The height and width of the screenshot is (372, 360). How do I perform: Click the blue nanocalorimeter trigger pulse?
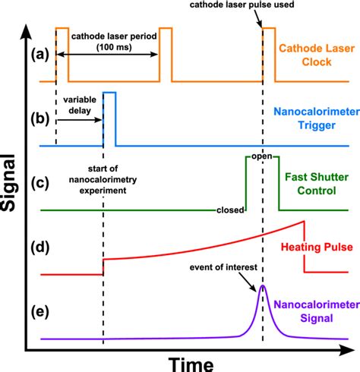109,118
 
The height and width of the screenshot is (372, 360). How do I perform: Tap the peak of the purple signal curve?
263,287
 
